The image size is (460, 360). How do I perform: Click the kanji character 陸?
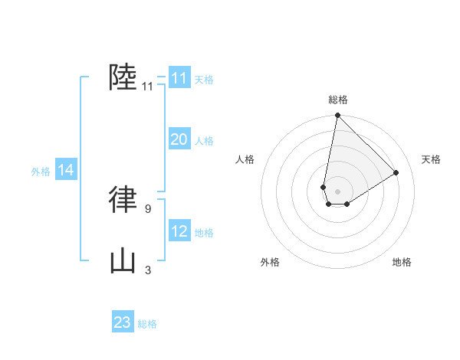click(123, 77)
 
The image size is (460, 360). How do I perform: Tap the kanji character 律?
click(123, 198)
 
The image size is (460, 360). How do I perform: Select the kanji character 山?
click(123, 260)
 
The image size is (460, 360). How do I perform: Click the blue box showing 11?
click(179, 78)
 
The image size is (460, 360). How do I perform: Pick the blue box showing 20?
click(179, 139)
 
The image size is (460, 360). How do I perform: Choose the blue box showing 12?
click(179, 231)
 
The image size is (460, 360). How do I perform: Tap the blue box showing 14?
click(66, 171)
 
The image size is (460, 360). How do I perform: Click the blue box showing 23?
click(123, 322)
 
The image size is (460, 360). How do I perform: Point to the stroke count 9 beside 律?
click(148, 208)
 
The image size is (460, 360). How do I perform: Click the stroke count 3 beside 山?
click(148, 270)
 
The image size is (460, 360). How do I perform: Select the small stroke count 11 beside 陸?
click(148, 87)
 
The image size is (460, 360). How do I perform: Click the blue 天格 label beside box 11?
click(204, 80)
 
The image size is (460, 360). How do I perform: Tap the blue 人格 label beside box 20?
click(204, 141)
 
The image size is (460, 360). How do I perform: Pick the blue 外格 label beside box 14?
click(41, 172)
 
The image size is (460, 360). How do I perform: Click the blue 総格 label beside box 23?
click(147, 324)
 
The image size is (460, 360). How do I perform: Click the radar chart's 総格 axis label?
click(338, 100)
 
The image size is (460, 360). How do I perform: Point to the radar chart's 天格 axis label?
click(432, 159)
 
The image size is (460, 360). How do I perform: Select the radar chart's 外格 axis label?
click(270, 262)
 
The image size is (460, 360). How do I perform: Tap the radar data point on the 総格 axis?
click(337, 116)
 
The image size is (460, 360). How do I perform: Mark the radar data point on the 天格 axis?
click(396, 172)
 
